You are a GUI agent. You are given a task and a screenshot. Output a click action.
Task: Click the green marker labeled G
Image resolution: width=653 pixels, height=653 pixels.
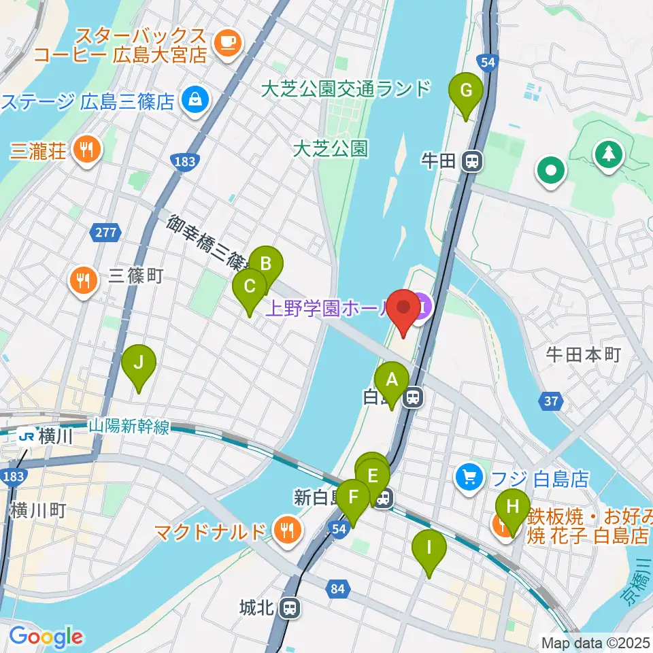pyautogui.click(x=466, y=90)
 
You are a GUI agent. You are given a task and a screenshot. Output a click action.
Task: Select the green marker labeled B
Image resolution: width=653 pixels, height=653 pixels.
pyautogui.click(x=266, y=264)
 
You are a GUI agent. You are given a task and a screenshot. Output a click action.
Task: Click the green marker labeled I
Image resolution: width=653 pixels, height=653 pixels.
pyautogui.click(x=429, y=548)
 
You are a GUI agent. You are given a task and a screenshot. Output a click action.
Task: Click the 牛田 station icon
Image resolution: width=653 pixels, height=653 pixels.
pyautogui.click(x=471, y=162)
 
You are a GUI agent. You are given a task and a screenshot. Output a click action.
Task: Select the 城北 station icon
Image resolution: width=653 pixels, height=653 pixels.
pyautogui.click(x=290, y=607)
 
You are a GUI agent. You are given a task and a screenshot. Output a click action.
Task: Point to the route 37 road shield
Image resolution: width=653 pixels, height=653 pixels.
pyautogui.click(x=551, y=402)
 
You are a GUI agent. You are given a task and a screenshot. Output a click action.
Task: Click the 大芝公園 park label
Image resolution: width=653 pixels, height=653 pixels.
pyautogui.click(x=331, y=148)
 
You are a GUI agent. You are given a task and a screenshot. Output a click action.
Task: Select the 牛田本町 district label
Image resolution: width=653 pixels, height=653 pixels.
pyautogui.click(x=584, y=354)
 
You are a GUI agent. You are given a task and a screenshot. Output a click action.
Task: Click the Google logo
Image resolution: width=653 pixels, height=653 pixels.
pyautogui.click(x=45, y=637)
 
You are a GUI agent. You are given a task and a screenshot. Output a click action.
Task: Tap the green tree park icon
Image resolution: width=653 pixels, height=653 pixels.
pyautogui.click(x=607, y=154)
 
